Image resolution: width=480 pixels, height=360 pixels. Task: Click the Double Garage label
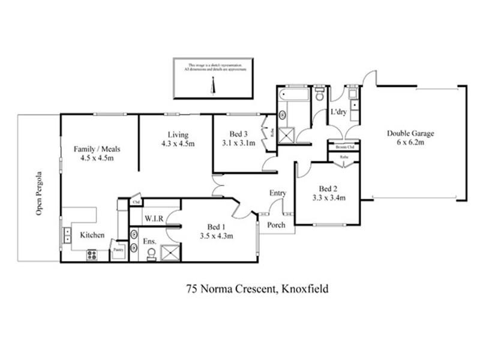pyautogui.click(x=410, y=134)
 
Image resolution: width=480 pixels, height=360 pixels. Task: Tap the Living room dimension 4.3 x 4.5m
pyautogui.click(x=178, y=143)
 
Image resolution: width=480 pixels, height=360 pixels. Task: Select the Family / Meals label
pyautogui.click(x=94, y=148)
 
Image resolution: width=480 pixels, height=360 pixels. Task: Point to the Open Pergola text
pyautogui.click(x=40, y=193)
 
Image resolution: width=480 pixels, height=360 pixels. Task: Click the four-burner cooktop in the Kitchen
pyautogui.click(x=92, y=254)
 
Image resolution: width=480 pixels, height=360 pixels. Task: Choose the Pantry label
pyautogui.click(x=118, y=247)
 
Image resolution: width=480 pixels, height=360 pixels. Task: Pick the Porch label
pyautogui.click(x=276, y=225)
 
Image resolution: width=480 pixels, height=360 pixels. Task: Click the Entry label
pyautogui.click(x=278, y=193)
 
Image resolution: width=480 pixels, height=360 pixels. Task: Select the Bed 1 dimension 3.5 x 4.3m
pyautogui.click(x=216, y=236)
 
